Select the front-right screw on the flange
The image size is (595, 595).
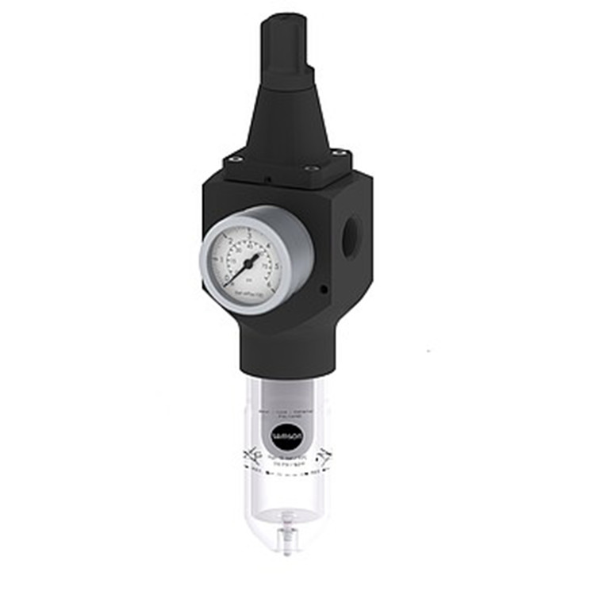(x=312, y=168)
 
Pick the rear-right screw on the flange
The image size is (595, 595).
(x=339, y=152)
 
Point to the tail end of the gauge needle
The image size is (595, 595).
(x=257, y=255)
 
